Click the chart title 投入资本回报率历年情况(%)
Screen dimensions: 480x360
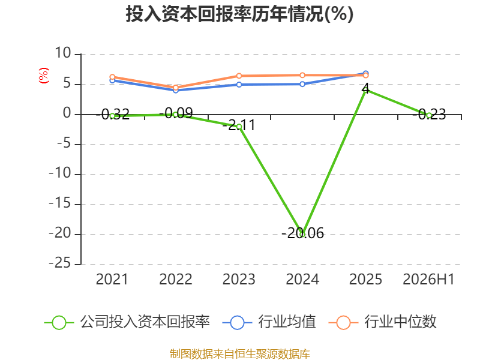[239, 14]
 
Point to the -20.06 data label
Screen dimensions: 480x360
[302, 233]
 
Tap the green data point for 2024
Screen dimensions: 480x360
[302, 235]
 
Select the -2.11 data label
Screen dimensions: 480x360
[239, 125]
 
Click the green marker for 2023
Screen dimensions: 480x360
[239, 127]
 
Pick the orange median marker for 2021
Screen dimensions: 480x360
[112, 77]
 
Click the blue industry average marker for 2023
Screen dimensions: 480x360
[239, 85]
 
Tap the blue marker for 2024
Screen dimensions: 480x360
[302, 84]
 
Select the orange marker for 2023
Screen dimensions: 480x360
[239, 76]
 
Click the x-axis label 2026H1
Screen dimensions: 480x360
[428, 280]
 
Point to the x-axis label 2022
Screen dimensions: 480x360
[176, 280]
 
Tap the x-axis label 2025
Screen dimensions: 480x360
[365, 280]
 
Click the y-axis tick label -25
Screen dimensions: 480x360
[60, 263]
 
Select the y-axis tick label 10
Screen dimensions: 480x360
[63, 53]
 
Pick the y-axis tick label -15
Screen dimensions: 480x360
[60, 203]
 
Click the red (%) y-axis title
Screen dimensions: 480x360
[44, 76]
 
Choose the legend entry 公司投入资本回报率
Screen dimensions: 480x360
[127, 322]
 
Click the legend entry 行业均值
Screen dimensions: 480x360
[269, 322]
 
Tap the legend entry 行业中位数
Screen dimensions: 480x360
[382, 322]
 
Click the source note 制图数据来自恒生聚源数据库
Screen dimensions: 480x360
[240, 354]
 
